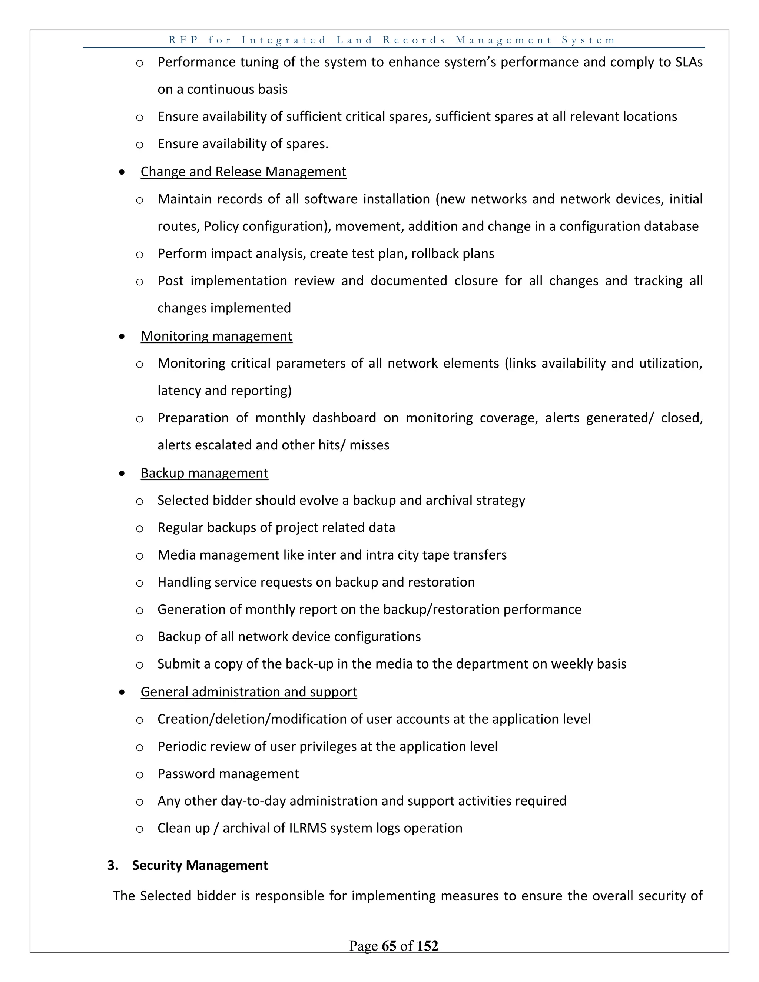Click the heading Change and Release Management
(x=243, y=172)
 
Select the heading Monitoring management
(x=216, y=336)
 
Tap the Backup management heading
(x=204, y=473)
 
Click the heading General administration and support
(x=249, y=691)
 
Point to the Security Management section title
(x=200, y=866)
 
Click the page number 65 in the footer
(x=389, y=946)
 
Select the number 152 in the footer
(x=427, y=946)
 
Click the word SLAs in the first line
(x=689, y=62)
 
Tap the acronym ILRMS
(x=306, y=828)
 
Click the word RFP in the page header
(x=183, y=40)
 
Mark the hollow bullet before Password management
(x=139, y=774)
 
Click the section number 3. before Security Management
(x=112, y=866)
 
